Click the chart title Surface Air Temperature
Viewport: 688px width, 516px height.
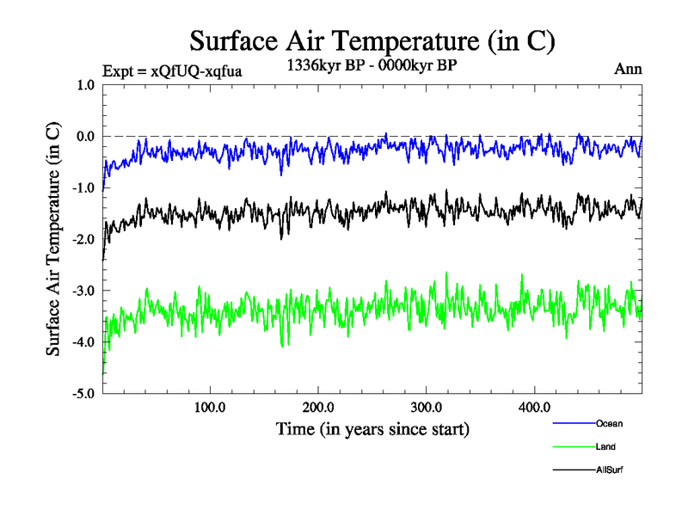(372, 40)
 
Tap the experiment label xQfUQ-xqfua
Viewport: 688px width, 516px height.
(171, 71)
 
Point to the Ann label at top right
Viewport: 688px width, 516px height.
(629, 70)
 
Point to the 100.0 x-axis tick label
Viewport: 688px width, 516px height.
(210, 408)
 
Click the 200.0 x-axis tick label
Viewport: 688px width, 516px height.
(318, 408)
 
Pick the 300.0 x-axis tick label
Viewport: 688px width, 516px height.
(427, 408)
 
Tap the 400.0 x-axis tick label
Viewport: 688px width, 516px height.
(535, 408)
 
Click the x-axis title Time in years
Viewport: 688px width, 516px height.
(372, 428)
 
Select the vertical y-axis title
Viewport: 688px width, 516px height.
(53, 240)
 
